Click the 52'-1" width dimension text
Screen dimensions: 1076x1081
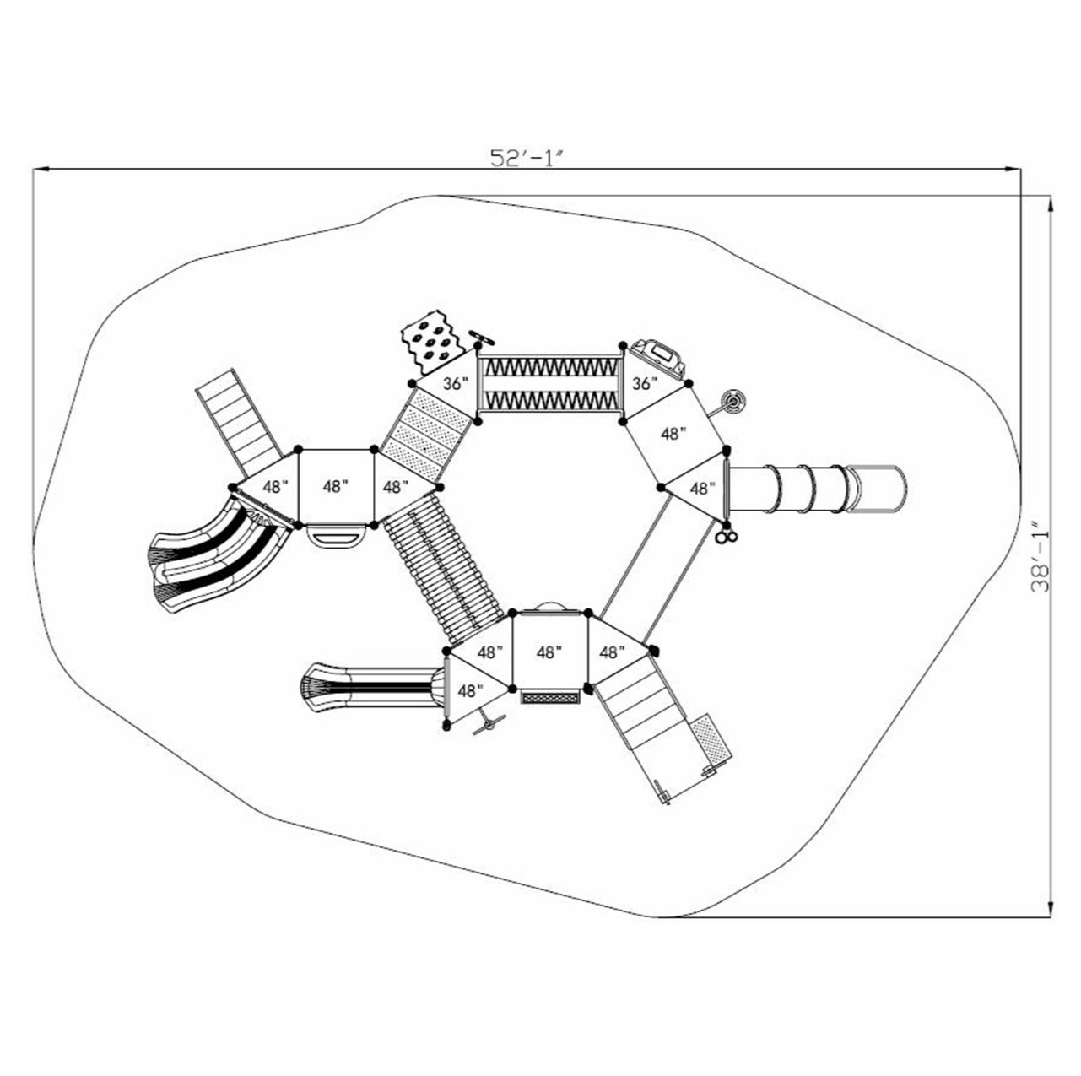pyautogui.click(x=527, y=159)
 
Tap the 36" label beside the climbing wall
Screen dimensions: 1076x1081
pyautogui.click(x=456, y=383)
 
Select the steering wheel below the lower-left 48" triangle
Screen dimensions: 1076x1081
pyautogui.click(x=489, y=723)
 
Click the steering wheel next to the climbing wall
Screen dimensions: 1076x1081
pyautogui.click(x=482, y=338)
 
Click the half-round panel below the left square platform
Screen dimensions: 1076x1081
pyautogui.click(x=336, y=536)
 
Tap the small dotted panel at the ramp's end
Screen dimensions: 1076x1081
pyautogui.click(x=711, y=743)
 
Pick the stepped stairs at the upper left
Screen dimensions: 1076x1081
pyautogui.click(x=239, y=421)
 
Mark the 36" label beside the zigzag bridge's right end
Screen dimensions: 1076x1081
pyautogui.click(x=644, y=383)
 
